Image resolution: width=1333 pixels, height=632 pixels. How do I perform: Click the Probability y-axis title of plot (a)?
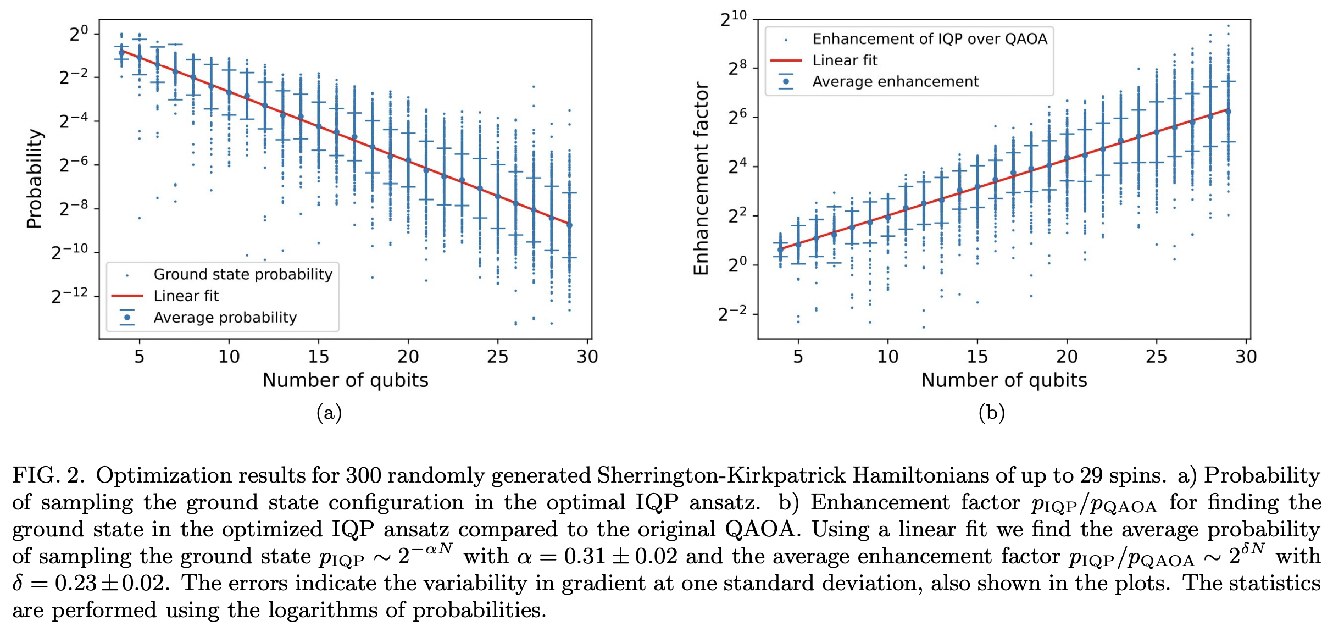click(34, 179)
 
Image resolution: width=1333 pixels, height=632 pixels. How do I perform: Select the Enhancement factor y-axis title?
click(701, 179)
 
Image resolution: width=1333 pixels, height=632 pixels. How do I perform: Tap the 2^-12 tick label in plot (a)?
click(70, 296)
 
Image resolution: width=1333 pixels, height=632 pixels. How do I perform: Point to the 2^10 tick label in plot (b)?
click(734, 19)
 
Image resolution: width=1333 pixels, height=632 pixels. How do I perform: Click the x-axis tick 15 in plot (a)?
click(318, 357)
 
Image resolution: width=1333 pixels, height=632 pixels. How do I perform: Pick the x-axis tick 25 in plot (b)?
click(1156, 357)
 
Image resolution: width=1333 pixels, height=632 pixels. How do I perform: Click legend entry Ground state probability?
click(242, 274)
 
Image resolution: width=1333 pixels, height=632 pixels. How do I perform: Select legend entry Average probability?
click(225, 318)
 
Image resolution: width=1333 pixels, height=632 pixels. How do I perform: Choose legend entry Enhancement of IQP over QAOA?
click(929, 39)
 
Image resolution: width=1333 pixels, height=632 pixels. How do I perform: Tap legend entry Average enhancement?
click(895, 82)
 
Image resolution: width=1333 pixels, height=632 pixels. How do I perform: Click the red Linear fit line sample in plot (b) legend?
click(786, 60)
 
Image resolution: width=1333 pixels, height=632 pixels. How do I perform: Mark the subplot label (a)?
click(329, 412)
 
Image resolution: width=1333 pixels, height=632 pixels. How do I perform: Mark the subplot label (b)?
click(991, 412)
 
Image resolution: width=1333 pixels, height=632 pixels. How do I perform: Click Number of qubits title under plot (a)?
click(345, 380)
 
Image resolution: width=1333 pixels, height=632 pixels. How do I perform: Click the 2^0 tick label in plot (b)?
click(737, 265)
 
